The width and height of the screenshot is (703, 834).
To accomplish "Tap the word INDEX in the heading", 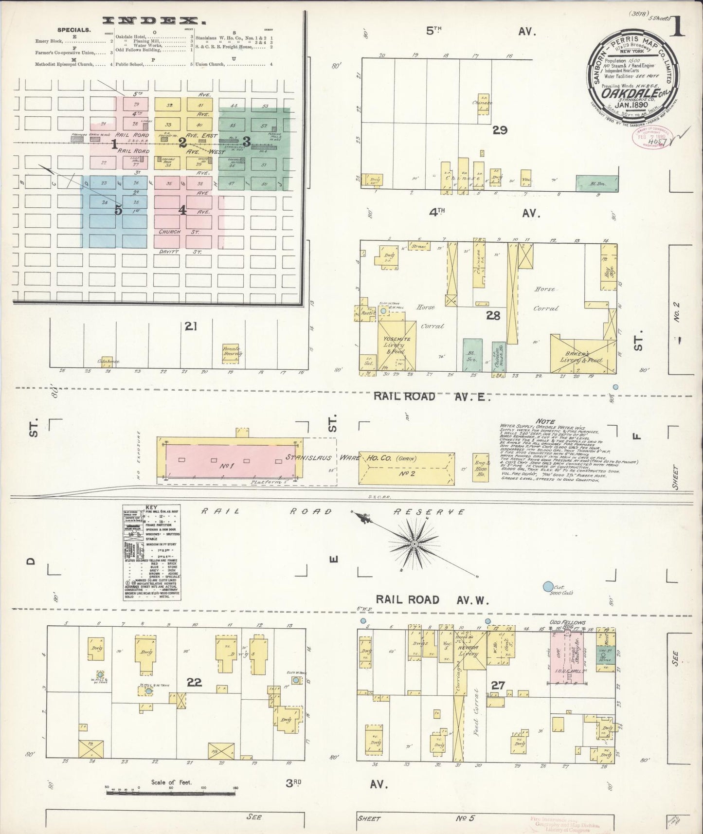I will click(152, 21).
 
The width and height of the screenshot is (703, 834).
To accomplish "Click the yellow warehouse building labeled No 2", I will click(406, 467).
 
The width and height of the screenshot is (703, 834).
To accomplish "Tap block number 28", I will click(493, 316).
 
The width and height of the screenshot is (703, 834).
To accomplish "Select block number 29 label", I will click(500, 130).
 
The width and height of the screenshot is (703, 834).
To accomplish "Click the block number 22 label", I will click(194, 683).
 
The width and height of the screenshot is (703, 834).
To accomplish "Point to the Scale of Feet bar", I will click(170, 793).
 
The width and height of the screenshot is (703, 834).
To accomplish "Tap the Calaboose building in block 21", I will click(108, 361).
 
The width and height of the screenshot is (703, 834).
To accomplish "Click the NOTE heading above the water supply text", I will click(544, 421).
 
